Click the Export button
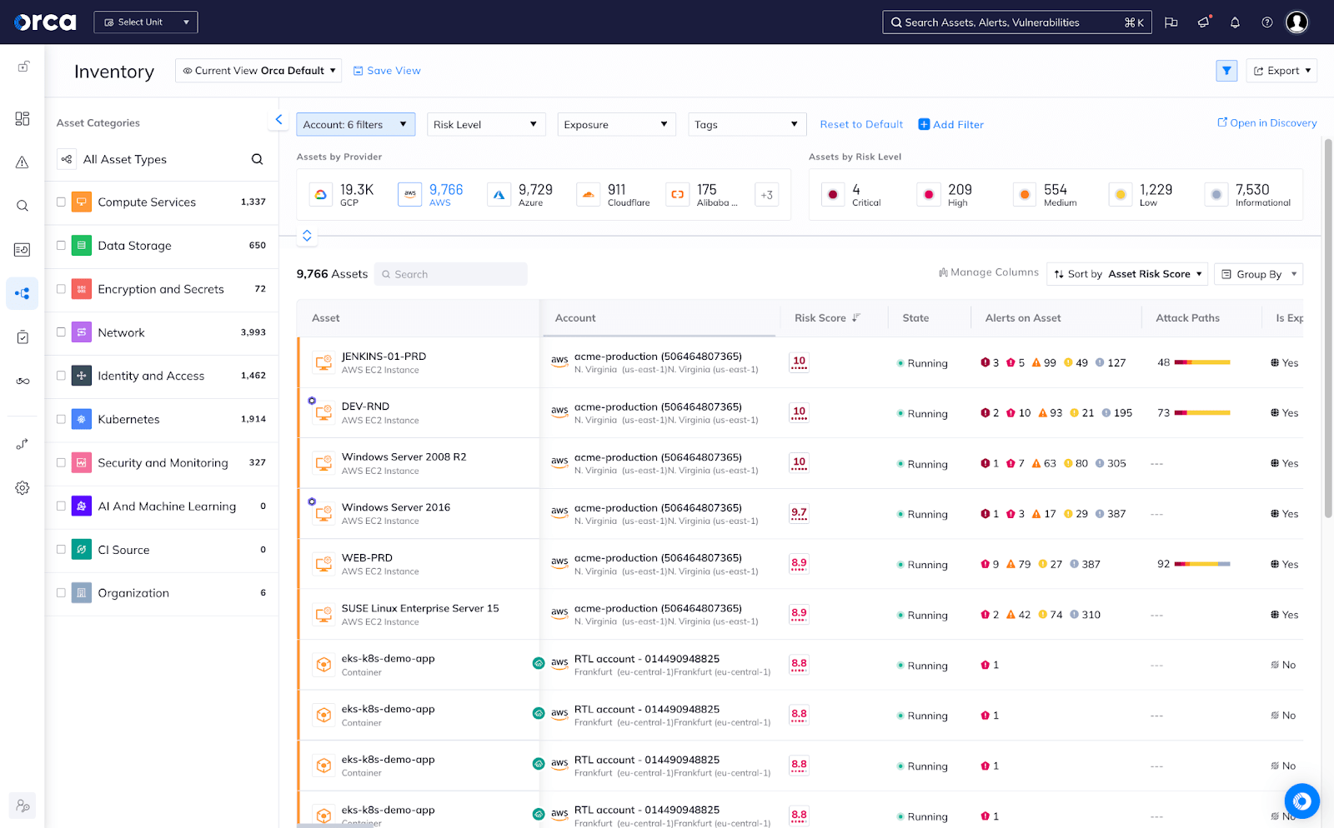point(1281,71)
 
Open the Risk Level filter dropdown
point(485,124)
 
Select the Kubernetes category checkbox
point(61,419)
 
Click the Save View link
point(387,71)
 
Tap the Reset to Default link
point(861,124)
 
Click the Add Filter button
point(950,124)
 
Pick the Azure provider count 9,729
point(534,190)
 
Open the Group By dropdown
point(1258,274)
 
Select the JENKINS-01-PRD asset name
point(384,357)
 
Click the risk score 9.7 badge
point(799,513)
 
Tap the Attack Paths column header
point(1187,318)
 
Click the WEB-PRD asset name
point(367,558)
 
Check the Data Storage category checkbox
point(61,246)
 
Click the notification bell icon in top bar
point(1235,22)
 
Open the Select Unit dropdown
point(146,22)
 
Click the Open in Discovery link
point(1266,122)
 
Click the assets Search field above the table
point(451,274)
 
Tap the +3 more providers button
point(766,195)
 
